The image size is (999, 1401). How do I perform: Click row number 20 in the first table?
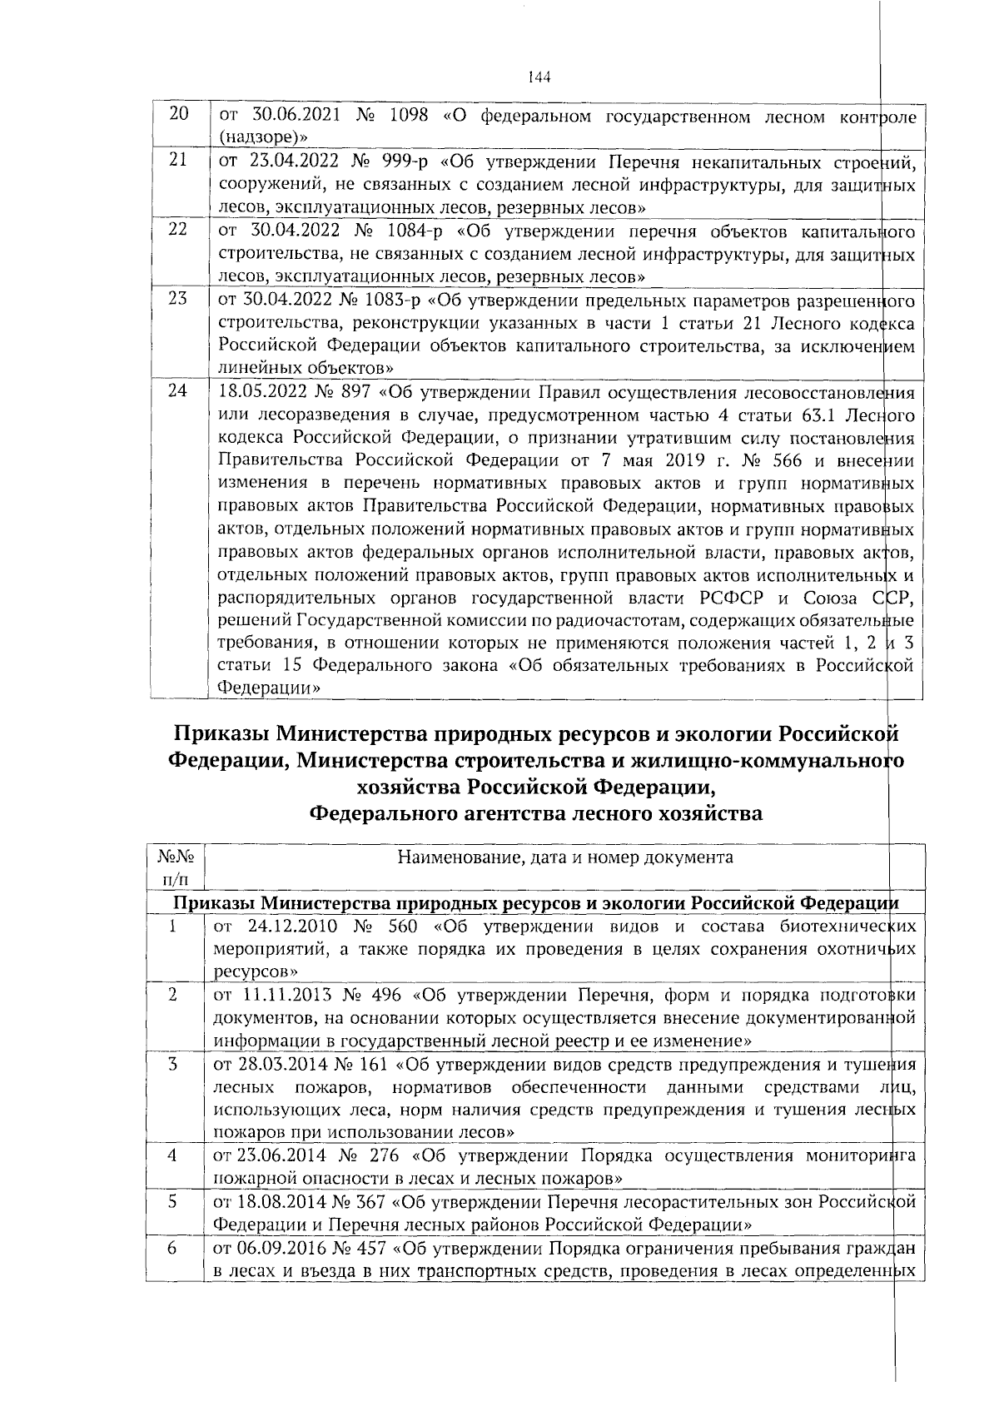(178, 114)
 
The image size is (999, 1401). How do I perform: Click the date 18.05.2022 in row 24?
(260, 391)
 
